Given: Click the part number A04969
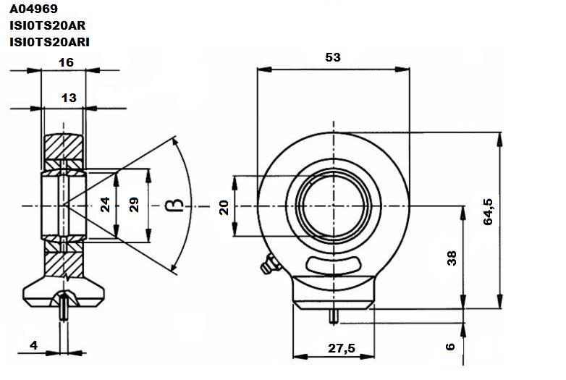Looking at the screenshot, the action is tap(33, 9).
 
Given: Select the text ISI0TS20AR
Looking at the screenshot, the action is tap(48, 25).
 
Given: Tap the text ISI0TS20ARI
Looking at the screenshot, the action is tap(49, 42).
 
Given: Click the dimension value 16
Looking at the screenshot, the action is tap(66, 62).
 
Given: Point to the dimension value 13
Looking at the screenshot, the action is tap(69, 98).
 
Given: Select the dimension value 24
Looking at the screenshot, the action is tap(105, 204).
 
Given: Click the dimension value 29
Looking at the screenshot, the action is tap(134, 205).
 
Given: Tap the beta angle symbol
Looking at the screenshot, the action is tap(174, 205).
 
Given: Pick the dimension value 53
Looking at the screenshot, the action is tap(333, 57).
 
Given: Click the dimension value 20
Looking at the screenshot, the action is tap(224, 208).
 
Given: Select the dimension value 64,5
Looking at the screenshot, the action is tap(488, 211).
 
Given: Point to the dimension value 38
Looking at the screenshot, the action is tap(452, 258).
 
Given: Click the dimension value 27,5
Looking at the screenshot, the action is tap(342, 348).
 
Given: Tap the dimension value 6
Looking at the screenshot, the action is tap(450, 347).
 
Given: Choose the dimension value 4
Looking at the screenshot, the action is tap(33, 345).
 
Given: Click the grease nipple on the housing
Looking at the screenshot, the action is tap(271, 263).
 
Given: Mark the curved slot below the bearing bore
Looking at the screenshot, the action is tap(334, 264).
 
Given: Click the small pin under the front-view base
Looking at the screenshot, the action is tap(334, 316).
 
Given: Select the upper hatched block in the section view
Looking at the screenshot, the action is tap(64, 146).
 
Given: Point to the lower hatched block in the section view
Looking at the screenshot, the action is tap(64, 264).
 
